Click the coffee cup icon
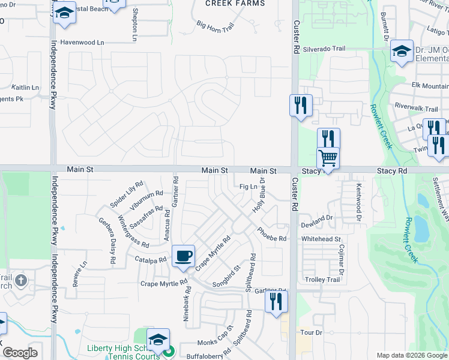(x=184, y=256)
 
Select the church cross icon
(x=21, y=280)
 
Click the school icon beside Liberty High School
(x=158, y=340)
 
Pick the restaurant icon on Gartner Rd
(x=276, y=301)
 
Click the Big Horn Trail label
(x=215, y=27)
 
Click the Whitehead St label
(x=321, y=239)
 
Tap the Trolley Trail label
(x=324, y=280)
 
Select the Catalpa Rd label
(x=150, y=260)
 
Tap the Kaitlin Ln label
(x=25, y=87)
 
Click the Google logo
(x=19, y=353)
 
